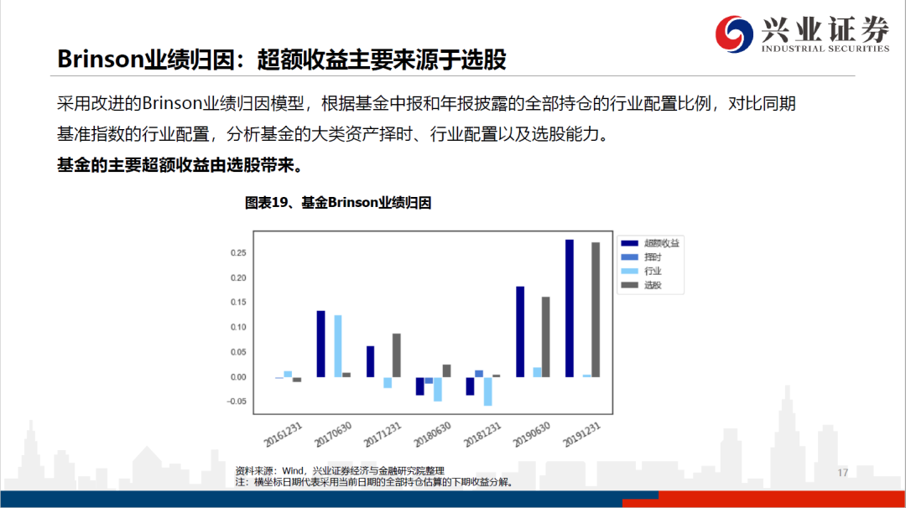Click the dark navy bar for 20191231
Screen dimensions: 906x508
click(569, 308)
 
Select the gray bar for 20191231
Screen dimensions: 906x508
click(596, 310)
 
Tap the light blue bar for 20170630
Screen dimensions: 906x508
click(338, 346)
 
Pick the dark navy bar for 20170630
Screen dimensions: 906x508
click(320, 344)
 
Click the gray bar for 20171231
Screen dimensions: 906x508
click(396, 355)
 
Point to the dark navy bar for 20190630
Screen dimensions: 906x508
click(520, 332)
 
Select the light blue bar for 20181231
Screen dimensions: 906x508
click(487, 391)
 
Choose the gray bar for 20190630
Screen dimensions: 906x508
click(546, 337)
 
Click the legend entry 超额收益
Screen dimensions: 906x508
click(650, 243)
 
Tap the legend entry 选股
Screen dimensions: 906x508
click(642, 285)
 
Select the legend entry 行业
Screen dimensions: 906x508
click(642, 272)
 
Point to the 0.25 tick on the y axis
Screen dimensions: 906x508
click(238, 253)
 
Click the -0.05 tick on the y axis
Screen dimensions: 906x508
click(237, 402)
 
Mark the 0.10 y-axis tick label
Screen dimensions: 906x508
click(238, 327)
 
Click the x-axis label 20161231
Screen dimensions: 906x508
click(284, 435)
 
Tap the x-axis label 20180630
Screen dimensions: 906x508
click(432, 435)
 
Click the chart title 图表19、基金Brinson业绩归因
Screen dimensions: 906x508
click(338, 203)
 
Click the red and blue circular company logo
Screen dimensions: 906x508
click(734, 34)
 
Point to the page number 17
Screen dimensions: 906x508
click(842, 473)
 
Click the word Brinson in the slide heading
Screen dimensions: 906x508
click(100, 60)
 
